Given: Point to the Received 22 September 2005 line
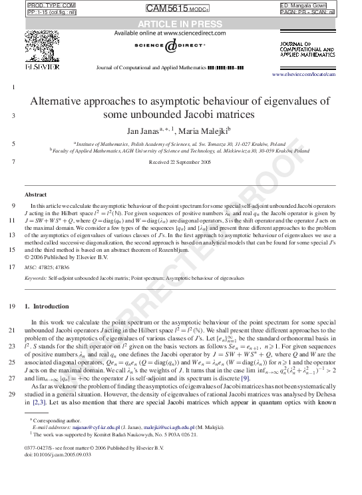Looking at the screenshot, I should click(180, 162).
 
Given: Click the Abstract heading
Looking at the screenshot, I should click(35, 194).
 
